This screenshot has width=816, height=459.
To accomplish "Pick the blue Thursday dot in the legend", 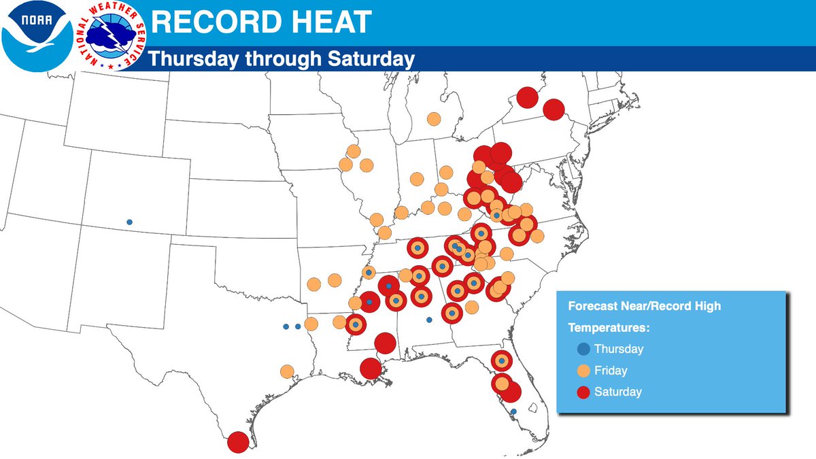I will point(582,350).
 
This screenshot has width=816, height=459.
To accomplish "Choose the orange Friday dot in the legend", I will point(582,371).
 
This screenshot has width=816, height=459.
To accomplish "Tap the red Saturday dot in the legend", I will point(582,392).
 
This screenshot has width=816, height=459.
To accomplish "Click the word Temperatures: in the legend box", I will point(609,328).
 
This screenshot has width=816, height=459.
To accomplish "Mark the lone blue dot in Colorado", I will point(129,222).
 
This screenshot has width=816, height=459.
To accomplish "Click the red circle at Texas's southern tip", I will point(238,442).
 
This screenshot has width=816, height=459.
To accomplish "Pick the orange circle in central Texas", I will point(287,371).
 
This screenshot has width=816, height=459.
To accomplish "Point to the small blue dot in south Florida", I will point(513,411).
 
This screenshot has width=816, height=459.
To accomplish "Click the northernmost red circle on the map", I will point(526,97).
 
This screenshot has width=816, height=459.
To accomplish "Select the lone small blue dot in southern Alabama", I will point(428,320).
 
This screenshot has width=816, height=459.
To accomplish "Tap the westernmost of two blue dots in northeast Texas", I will point(286,326).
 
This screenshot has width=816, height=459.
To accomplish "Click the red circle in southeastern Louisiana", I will point(371,369).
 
